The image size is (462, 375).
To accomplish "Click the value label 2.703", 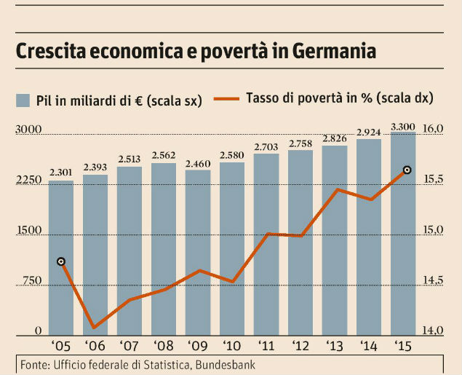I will pyautogui.click(x=266, y=147).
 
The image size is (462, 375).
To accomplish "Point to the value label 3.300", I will pyautogui.click(x=403, y=127).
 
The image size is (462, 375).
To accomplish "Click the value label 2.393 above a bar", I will pyautogui.click(x=95, y=167).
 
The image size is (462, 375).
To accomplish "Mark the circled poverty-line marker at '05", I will pyautogui.click(x=61, y=261).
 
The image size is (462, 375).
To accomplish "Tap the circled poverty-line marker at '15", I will pyautogui.click(x=407, y=170).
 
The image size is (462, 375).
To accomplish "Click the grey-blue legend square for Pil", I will pyautogui.click(x=23, y=100).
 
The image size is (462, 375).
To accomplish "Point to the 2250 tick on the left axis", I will pyautogui.click(x=28, y=181).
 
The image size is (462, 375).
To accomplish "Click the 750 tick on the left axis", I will pyautogui.click(x=31, y=282).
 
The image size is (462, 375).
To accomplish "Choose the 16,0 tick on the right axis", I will pyautogui.click(x=432, y=130).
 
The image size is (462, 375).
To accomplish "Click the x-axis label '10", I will pyautogui.click(x=232, y=345).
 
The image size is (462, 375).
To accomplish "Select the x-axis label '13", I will pyautogui.click(x=335, y=345).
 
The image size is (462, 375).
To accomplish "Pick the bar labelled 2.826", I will pyautogui.click(x=335, y=240).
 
